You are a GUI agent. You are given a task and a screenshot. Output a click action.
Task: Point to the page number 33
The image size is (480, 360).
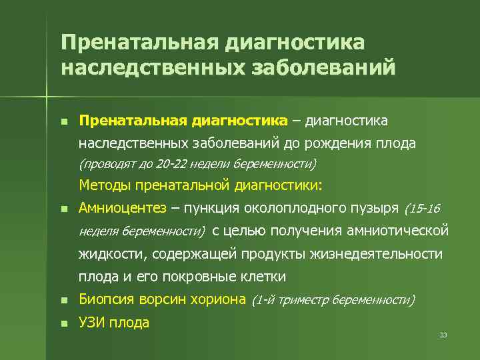[443, 335]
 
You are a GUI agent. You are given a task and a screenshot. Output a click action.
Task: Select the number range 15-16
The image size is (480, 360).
[423, 209]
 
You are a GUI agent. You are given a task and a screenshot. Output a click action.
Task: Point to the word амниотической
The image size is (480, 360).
[398, 231]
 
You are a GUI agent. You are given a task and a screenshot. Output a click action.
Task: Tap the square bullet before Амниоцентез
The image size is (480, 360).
[63, 209]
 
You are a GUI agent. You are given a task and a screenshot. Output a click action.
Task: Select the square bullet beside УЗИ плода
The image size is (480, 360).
[63, 324]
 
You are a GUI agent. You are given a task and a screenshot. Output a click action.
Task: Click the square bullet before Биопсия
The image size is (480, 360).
[63, 301]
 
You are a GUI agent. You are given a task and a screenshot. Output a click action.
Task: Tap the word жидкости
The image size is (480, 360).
[111, 254]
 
